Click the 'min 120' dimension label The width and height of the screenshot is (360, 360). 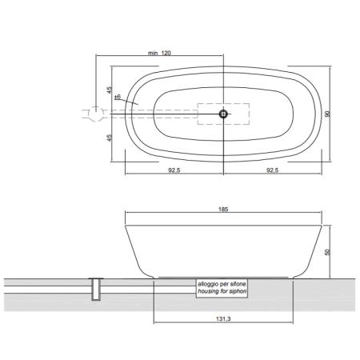159,53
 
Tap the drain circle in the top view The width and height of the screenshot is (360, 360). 223,114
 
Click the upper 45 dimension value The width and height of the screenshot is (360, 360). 110,90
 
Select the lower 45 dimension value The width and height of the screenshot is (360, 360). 110,138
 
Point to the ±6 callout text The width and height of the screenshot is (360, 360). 118,97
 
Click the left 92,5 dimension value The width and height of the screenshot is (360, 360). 174,170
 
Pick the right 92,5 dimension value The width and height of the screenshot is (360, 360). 273,170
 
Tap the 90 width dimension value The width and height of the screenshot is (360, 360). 328,114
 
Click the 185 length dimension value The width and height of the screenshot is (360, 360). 223,210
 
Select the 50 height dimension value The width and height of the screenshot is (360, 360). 327,252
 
